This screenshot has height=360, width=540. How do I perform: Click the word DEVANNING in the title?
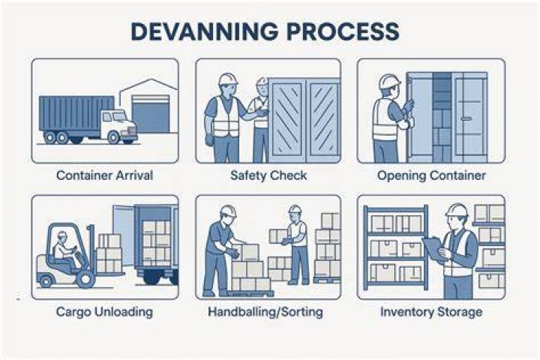pos(205,31)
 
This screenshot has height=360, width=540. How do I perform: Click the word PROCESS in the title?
pos(343,31)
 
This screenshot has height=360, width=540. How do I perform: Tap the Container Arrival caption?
pos(105,175)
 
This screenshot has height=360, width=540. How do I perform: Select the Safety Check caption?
pos(268,175)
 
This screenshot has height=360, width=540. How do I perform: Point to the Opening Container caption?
pos(431,175)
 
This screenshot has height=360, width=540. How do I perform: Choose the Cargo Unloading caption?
pos(104,312)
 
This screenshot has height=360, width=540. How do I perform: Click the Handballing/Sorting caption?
pos(265,312)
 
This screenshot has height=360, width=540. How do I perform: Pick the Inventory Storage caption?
pos(431,312)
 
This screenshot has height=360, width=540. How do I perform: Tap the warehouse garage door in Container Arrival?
pos(151,114)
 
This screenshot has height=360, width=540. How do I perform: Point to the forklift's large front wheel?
pos(85,278)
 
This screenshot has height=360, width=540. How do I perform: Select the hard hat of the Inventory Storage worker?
pos(457,210)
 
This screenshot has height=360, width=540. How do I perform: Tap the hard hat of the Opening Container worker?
pos(389,82)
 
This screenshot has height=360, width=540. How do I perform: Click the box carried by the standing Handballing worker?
pos(278,235)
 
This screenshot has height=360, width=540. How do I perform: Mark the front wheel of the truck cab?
pos(113,137)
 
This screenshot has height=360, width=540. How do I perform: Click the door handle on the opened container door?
pos(466,118)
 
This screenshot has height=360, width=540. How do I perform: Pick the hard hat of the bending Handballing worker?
pos(228,211)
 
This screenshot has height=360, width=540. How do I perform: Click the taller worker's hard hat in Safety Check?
pos(228,79)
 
